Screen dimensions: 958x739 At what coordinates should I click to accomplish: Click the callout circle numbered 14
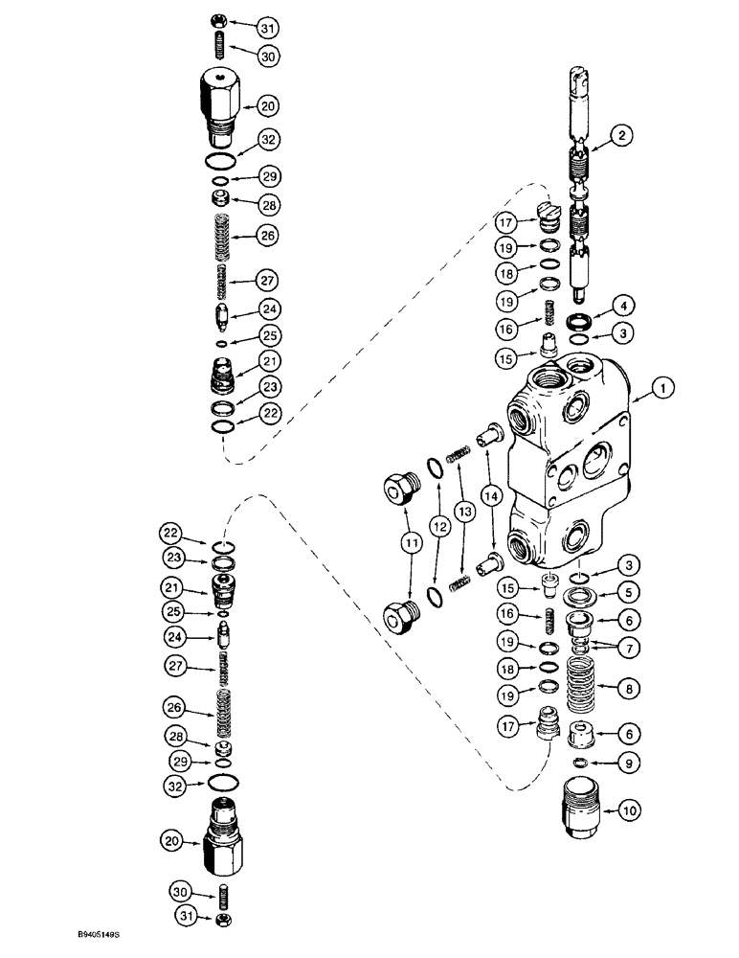492,496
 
